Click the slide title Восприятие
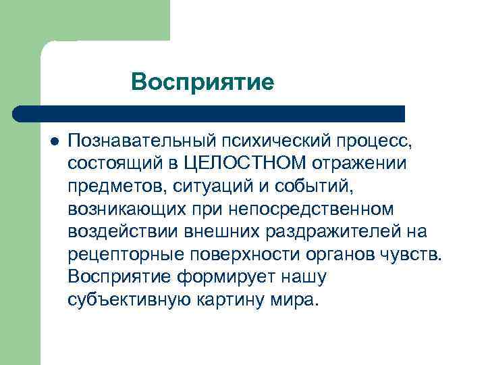coord(202,82)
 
